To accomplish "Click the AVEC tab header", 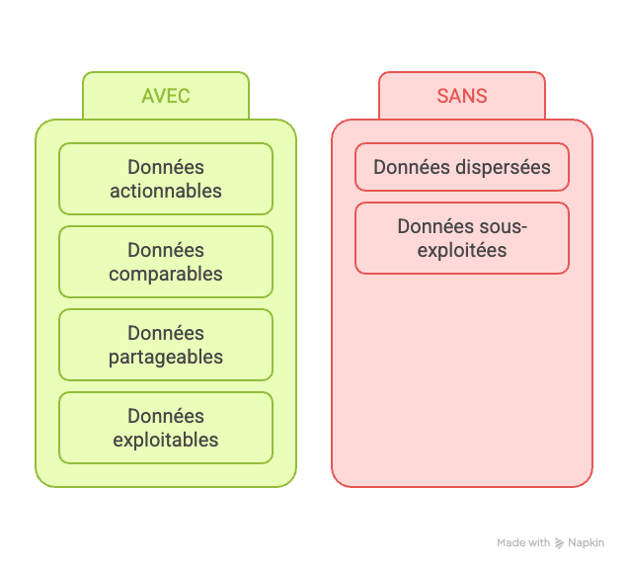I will (x=166, y=96).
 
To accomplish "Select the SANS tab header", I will (x=461, y=96).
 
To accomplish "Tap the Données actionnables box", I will (x=166, y=179).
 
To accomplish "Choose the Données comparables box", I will (x=166, y=262).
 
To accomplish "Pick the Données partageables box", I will (x=166, y=345).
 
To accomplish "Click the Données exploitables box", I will (x=166, y=428).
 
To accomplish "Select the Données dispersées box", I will (x=461, y=167).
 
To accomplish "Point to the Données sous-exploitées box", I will (x=461, y=238).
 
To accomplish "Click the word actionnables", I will (x=166, y=191).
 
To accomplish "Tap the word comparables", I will (x=166, y=274).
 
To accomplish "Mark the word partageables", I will (x=166, y=357).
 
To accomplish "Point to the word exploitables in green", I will (x=166, y=440).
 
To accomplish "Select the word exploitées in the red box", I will (x=462, y=250).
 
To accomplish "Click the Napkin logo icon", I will (x=559, y=543).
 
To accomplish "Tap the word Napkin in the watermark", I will (x=587, y=542).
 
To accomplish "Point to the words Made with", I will (x=523, y=542).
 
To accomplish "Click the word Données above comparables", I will (x=166, y=250).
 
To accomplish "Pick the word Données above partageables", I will (x=166, y=333).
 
